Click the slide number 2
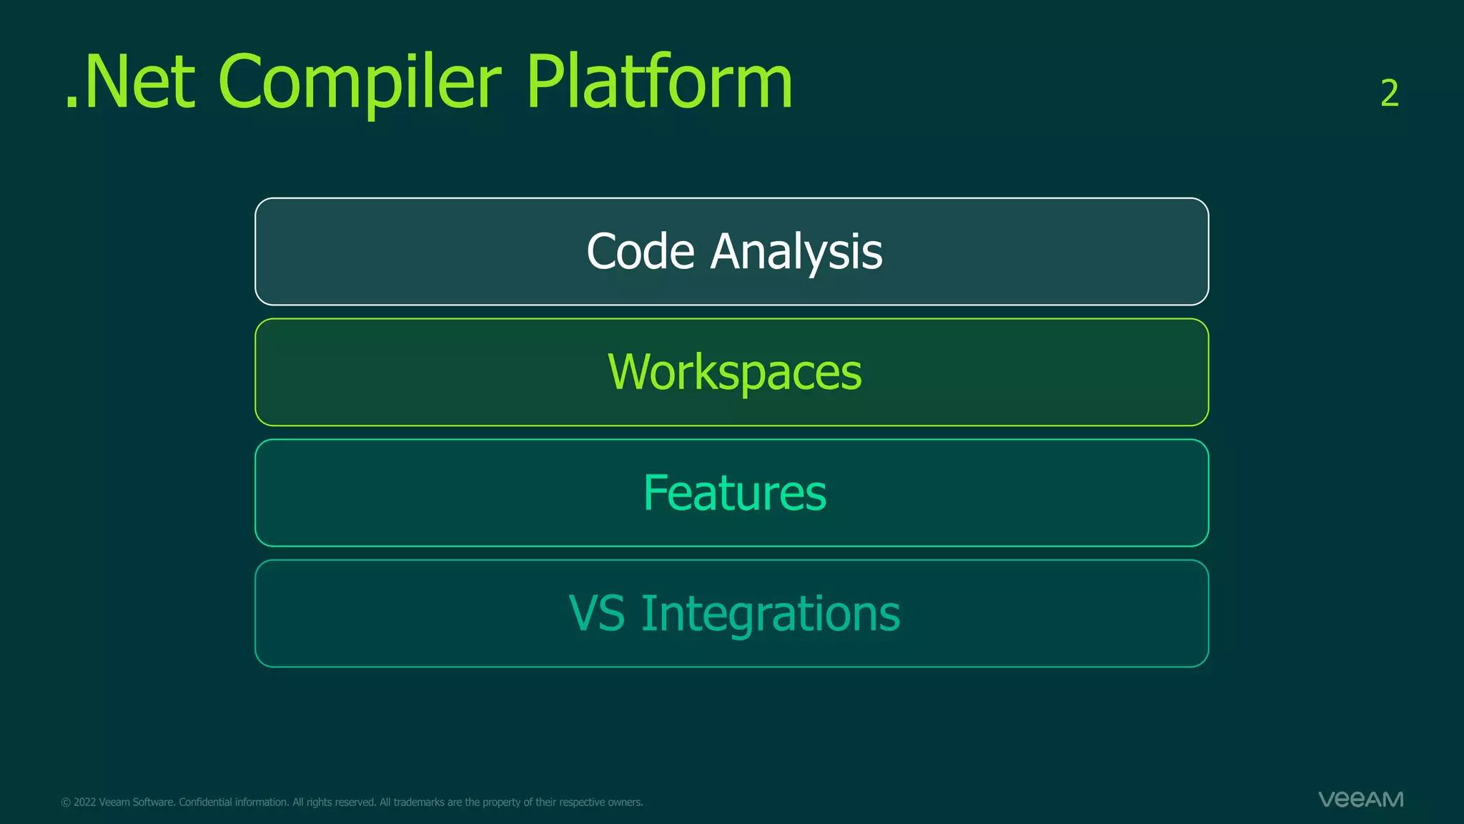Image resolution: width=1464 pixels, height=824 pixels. (x=1389, y=94)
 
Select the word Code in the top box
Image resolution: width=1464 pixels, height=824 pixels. (x=640, y=252)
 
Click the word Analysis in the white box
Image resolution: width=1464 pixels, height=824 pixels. (x=796, y=252)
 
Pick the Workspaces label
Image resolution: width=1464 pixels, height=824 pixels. (x=734, y=372)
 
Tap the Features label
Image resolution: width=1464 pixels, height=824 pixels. (x=734, y=493)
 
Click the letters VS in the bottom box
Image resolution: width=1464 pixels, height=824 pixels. (x=597, y=614)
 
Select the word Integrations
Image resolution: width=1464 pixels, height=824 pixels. (x=771, y=614)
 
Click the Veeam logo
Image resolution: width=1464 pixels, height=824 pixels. (x=1360, y=799)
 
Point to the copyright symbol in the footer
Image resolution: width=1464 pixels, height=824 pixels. (x=66, y=803)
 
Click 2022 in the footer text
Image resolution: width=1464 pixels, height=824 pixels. (x=84, y=803)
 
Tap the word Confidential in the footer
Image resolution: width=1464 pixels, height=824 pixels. (x=204, y=803)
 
